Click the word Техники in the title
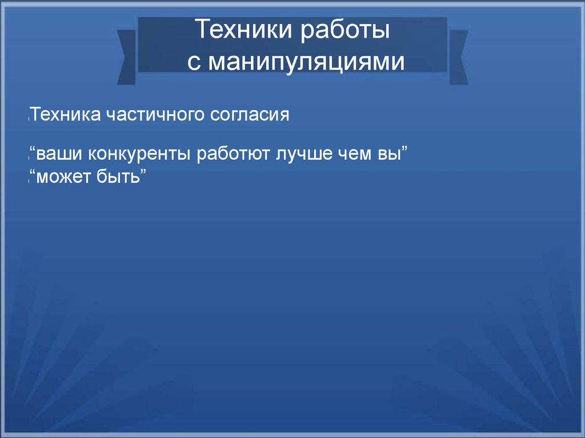pyautogui.click(x=243, y=29)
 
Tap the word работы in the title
pyautogui.click(x=345, y=30)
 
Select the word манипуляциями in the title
pyautogui.click(x=306, y=62)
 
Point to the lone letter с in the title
pyautogui.click(x=194, y=62)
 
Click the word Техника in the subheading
pyautogui.click(x=65, y=114)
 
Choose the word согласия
pyautogui.click(x=250, y=115)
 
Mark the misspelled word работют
pyautogui.click(x=233, y=154)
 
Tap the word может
pyautogui.click(x=63, y=176)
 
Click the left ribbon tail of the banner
pyautogui.click(x=126, y=57)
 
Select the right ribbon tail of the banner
pyautogui.click(x=459, y=57)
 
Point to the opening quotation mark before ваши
pyautogui.click(x=33, y=149)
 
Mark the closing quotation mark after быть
pyautogui.click(x=143, y=171)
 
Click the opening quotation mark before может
pyautogui.click(x=33, y=172)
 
